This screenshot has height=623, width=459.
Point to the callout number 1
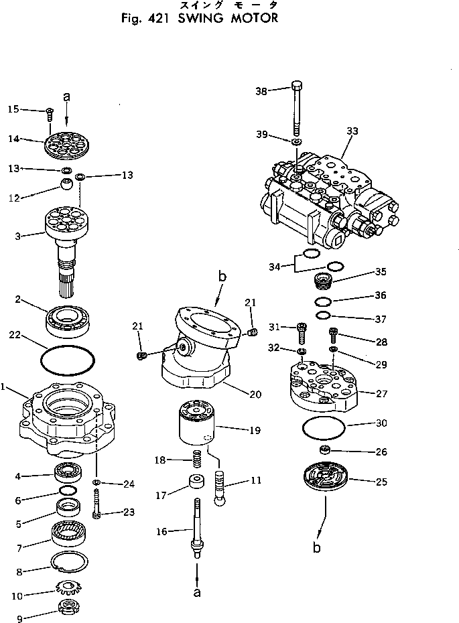coord(5,387)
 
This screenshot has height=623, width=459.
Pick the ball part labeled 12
coord(66,184)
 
